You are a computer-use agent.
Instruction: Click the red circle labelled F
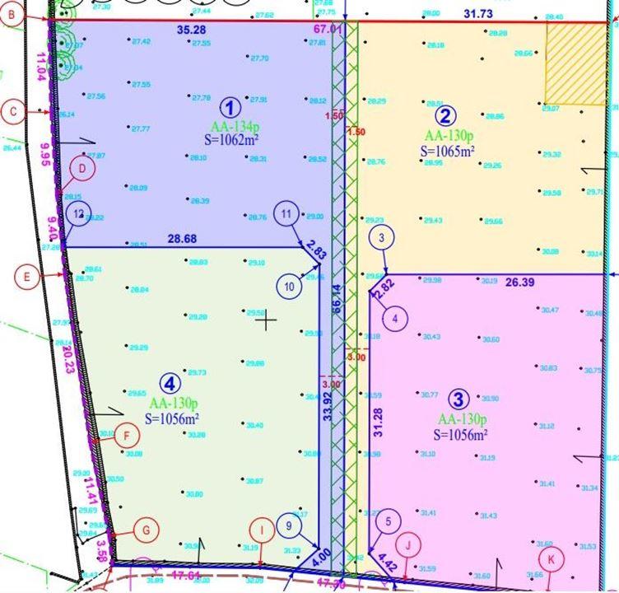pos(126,436)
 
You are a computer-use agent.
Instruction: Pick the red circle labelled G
pos(146,530)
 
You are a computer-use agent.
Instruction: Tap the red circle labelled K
pos(552,558)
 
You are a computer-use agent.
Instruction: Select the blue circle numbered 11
pos(286,214)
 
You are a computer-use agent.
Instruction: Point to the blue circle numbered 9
pos(288,524)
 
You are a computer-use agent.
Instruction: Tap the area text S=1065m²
pos(448,152)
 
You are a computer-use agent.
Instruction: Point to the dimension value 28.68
pos(183,238)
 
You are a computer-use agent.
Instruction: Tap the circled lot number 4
pos(169,383)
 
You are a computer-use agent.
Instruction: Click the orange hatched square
pos(575,63)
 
